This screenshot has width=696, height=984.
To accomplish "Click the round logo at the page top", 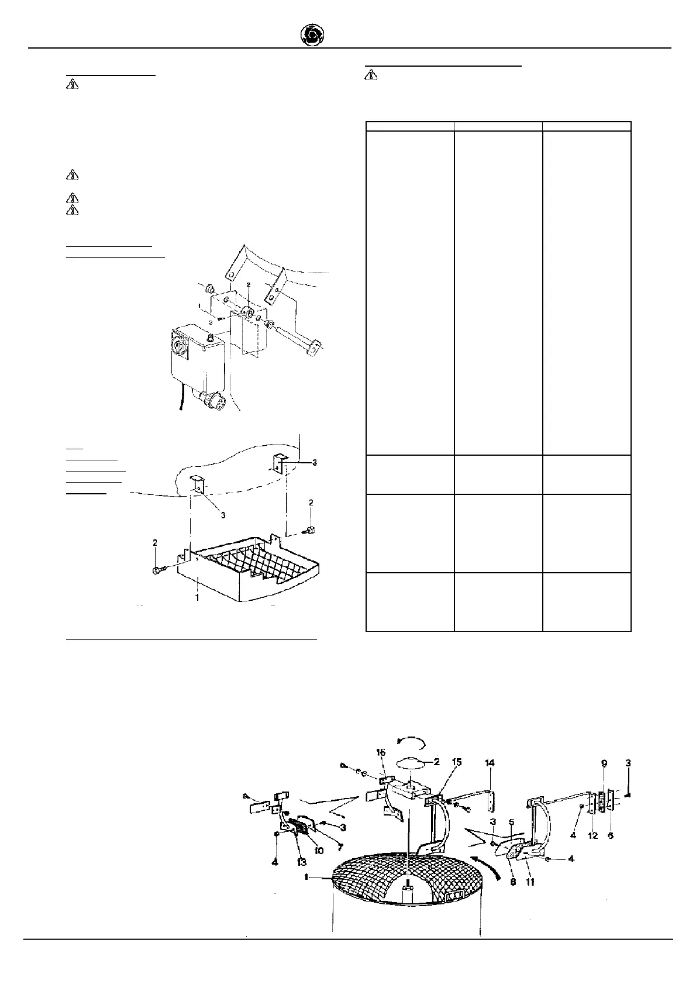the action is click(311, 36).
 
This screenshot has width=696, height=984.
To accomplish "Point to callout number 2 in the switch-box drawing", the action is click(248, 284).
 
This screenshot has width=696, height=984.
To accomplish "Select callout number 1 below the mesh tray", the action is click(198, 597).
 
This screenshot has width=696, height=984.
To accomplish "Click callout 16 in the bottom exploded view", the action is click(381, 769).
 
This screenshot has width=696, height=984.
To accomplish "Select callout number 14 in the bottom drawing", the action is click(490, 763).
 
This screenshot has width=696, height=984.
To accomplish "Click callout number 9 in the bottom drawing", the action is click(604, 763).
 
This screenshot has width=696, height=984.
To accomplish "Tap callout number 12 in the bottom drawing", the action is click(592, 835).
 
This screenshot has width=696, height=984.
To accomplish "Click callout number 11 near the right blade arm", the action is click(529, 882).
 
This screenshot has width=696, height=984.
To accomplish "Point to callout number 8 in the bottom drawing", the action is click(513, 882).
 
